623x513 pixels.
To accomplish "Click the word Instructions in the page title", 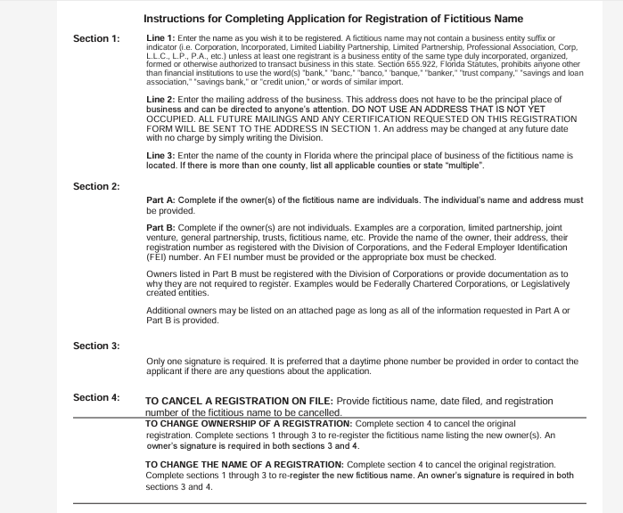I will pos(176,19).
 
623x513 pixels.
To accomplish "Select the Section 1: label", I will pos(96,39).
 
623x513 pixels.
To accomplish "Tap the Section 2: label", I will pos(96,186).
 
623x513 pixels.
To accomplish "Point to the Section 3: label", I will pos(96,345).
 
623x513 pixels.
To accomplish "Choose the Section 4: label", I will pos(96,397).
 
